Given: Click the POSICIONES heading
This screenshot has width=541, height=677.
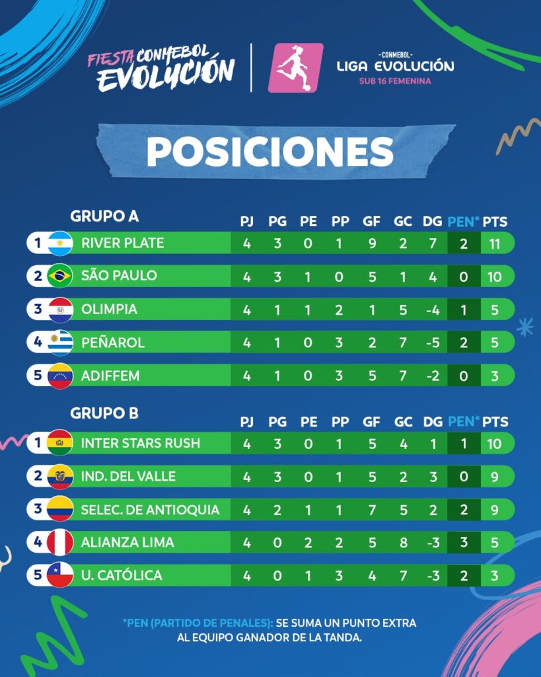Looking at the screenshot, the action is coord(270,151).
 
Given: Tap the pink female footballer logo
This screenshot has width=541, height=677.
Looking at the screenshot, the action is coord(295,68).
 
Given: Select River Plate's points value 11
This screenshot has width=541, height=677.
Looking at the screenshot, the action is coord(494,243).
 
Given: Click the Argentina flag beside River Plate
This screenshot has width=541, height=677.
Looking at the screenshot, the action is coord(60,243).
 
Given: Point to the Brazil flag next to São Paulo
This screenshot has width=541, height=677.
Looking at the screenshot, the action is coord(60,276).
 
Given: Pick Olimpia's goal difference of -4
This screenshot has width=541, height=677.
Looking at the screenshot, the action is coord(433,310).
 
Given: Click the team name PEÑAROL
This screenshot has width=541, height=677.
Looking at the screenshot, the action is coord(112,342).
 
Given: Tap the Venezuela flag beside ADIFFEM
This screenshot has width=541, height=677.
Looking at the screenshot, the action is coord(60,376).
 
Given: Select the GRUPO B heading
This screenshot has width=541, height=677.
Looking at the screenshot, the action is coord(104,413).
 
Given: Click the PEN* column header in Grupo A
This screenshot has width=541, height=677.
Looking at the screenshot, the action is coord(463,221).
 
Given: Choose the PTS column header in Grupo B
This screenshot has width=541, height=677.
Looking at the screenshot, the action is coord(495,421).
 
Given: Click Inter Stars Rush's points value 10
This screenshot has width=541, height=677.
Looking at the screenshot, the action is coord(494,444).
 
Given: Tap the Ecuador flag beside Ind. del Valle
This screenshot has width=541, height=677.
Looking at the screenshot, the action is coord(60,477).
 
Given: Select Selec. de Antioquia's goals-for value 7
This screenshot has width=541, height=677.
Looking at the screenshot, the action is coord(372,510).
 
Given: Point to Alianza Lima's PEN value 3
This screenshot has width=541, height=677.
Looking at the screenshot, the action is coord(464,542).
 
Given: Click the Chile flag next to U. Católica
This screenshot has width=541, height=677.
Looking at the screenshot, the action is coord(60,575).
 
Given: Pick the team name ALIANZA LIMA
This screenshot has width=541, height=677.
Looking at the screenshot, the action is coord(127,542).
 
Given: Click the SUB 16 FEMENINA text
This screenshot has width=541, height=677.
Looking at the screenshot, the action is coord(395,81).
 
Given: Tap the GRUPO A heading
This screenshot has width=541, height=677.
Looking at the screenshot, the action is coord(104,216).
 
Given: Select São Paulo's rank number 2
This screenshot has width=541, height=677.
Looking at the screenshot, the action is coord(38,276).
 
